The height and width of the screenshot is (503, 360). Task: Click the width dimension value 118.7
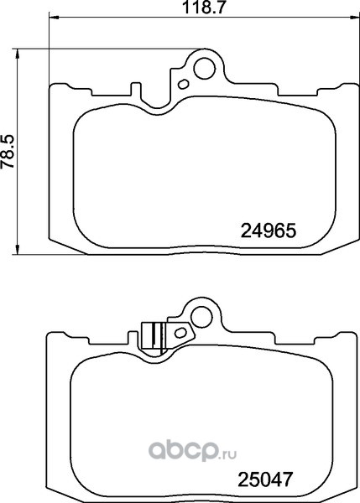point(202,7)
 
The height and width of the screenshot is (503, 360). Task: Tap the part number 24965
point(268,231)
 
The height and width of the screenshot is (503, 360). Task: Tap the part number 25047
point(265,480)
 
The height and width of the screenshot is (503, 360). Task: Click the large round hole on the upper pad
point(205,68)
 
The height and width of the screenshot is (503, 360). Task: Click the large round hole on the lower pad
point(201,316)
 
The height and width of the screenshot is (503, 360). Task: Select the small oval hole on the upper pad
point(183,85)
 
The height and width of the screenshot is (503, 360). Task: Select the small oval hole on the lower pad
point(180,333)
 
